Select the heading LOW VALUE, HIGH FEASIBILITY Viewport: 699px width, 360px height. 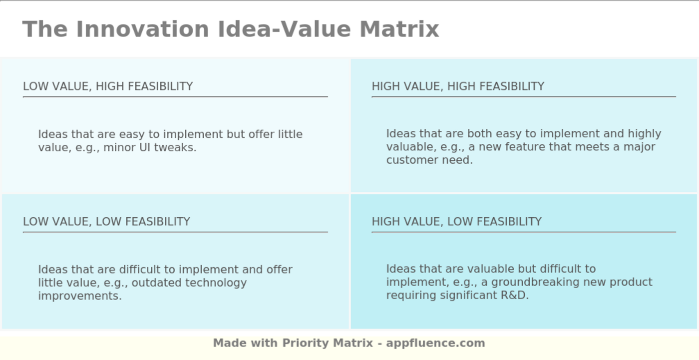click(x=108, y=86)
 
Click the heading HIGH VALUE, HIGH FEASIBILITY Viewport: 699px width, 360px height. click(x=458, y=86)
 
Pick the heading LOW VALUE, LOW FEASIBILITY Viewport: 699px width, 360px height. click(x=106, y=222)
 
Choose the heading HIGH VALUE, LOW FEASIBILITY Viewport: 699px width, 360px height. click(x=456, y=222)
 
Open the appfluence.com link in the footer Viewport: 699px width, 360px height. click(x=435, y=343)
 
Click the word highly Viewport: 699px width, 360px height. click(x=644, y=134)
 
